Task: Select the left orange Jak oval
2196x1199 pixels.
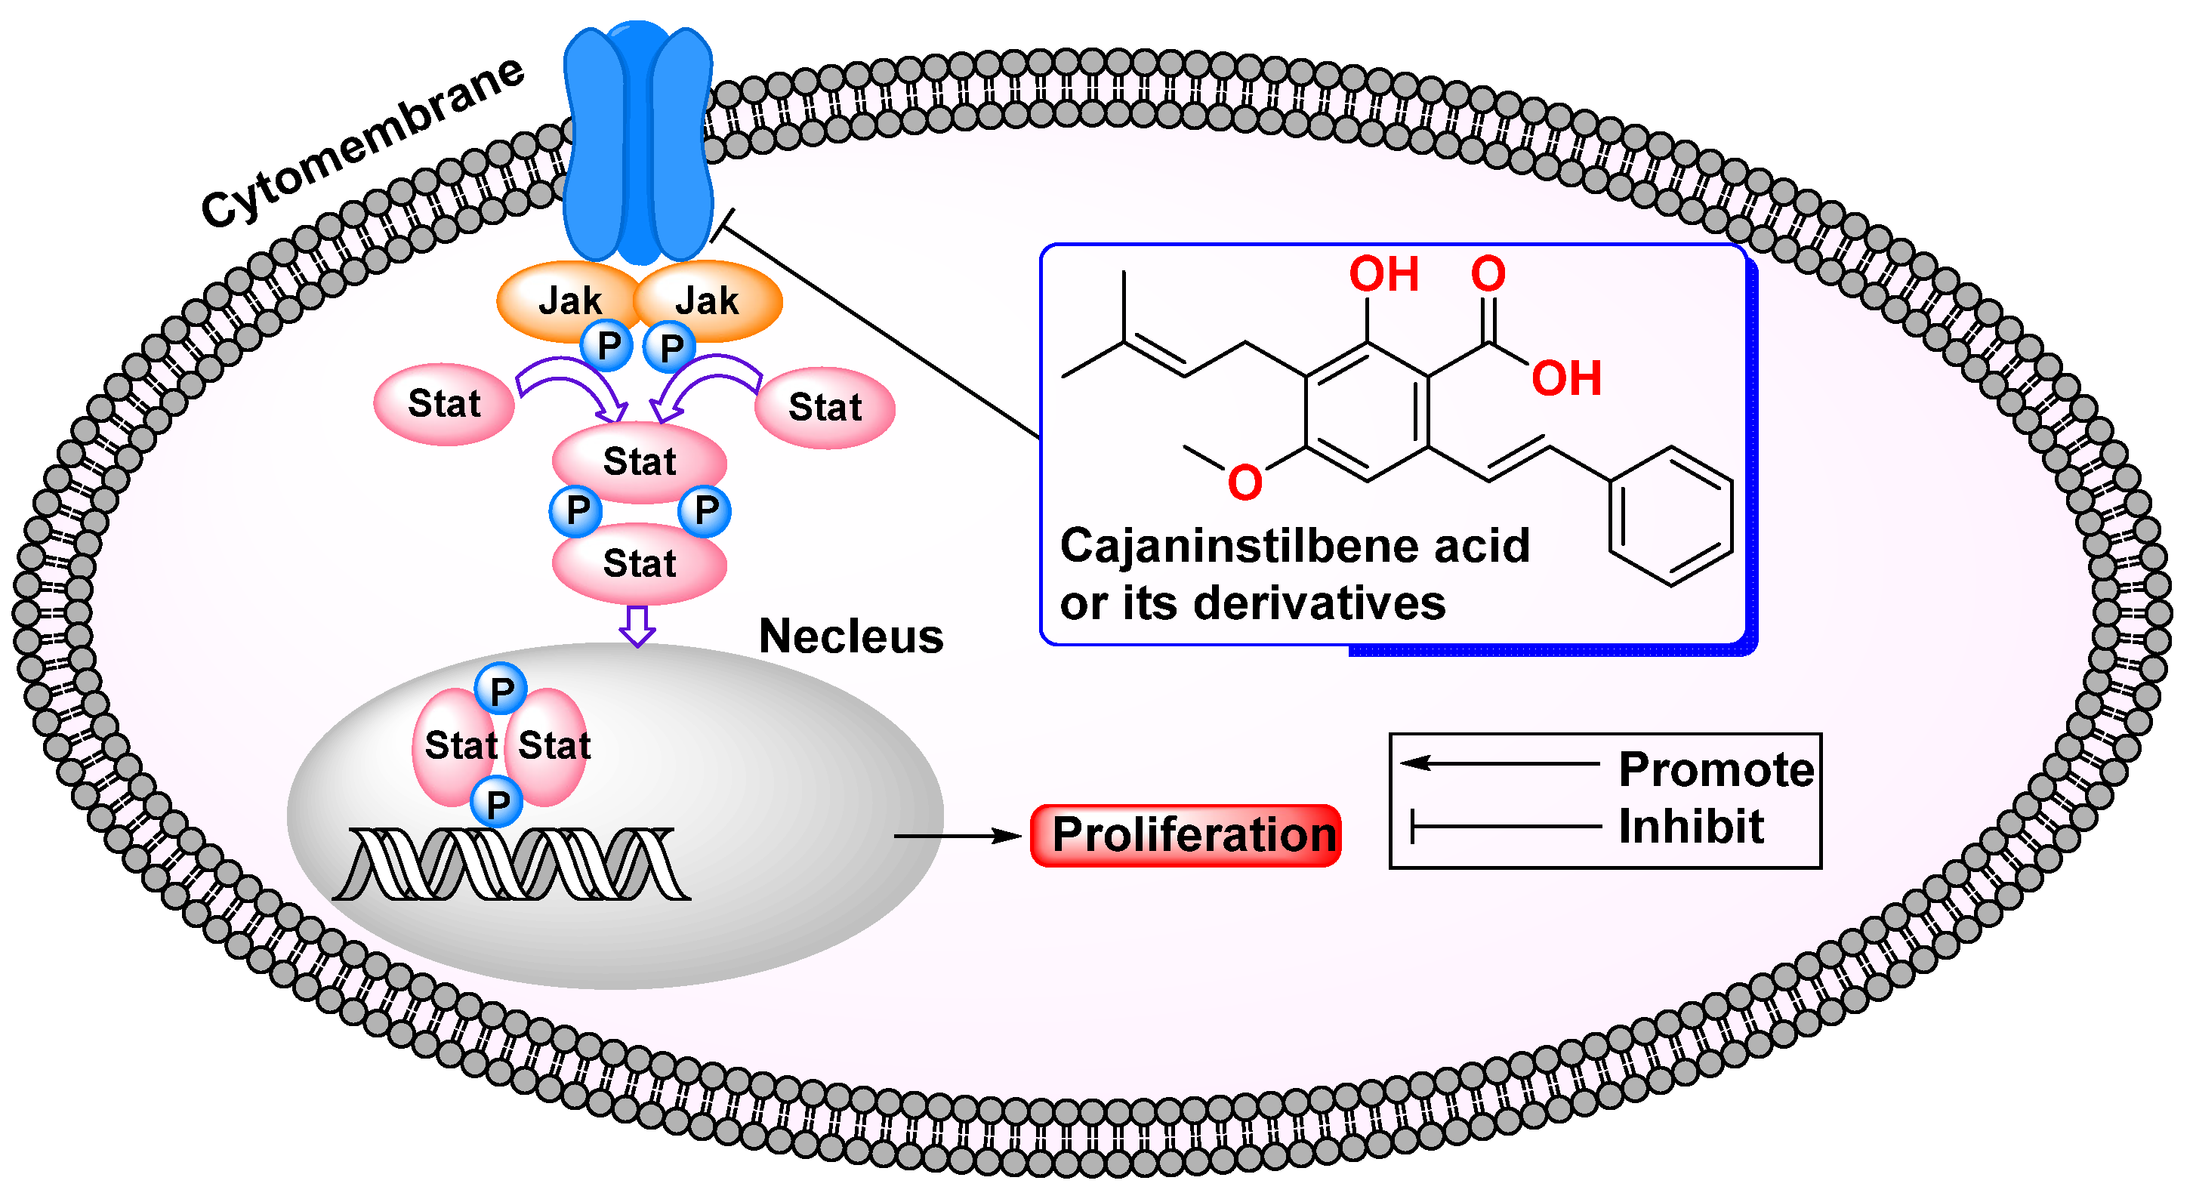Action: [x=563, y=300]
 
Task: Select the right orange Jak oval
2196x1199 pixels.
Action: [x=712, y=300]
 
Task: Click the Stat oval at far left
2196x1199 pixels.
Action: [x=443, y=404]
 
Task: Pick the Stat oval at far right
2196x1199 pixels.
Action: [x=825, y=407]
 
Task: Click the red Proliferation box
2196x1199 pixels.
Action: [x=1185, y=835]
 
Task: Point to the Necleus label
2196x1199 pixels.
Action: [x=851, y=636]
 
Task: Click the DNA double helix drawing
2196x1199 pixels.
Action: [x=511, y=864]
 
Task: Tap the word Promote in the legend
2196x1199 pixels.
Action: [x=1715, y=769]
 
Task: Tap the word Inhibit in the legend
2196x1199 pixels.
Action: [x=1691, y=826]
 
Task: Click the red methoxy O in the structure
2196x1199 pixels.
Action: [x=1244, y=482]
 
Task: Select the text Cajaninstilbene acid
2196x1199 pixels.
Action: [x=1294, y=545]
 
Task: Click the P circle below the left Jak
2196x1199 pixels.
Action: [x=606, y=346]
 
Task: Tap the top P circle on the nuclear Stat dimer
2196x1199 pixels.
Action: [x=501, y=689]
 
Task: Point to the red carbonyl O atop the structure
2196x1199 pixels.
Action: [x=1488, y=273]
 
